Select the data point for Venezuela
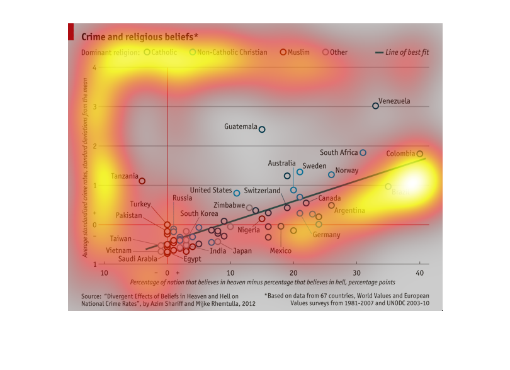coord(376,106)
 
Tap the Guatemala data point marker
coord(262,130)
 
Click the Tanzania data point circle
coord(142,181)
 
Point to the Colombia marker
coord(420,154)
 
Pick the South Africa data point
coord(363,153)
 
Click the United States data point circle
coord(237,193)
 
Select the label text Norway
coord(347,171)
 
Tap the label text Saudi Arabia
coord(137,259)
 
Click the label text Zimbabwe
coord(229,205)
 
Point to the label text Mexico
coord(280,251)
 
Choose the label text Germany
coord(326,235)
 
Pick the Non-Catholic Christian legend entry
coord(228,52)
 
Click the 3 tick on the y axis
coord(94,106)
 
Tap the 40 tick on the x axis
coord(420,272)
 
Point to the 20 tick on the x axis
coord(293,272)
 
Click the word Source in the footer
coord(91,295)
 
